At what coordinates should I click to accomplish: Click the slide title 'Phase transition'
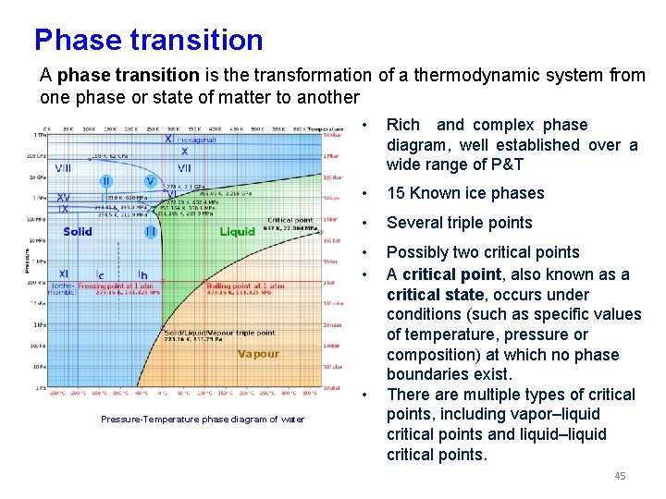coord(148,40)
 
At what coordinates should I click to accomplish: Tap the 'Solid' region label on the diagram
coord(78,231)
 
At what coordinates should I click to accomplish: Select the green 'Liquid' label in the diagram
coord(237,232)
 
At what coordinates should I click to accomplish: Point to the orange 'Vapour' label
coord(258,354)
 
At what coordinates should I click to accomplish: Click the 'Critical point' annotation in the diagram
coord(290,221)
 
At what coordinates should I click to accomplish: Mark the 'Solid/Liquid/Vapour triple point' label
coord(219,333)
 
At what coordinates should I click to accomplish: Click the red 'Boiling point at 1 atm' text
coord(245,286)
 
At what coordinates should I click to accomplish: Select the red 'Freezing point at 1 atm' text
coord(117,286)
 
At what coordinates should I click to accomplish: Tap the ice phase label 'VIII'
coord(63,168)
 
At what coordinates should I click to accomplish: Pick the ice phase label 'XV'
coord(63,198)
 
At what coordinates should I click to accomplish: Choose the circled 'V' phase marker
coord(150,181)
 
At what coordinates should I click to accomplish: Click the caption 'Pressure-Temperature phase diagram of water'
coord(202,420)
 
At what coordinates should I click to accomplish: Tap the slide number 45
coord(619,476)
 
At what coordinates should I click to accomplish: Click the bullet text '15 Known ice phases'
coord(465,193)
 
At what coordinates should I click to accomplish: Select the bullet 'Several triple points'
coord(459,223)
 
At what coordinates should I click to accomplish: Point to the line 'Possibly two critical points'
coord(483,252)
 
